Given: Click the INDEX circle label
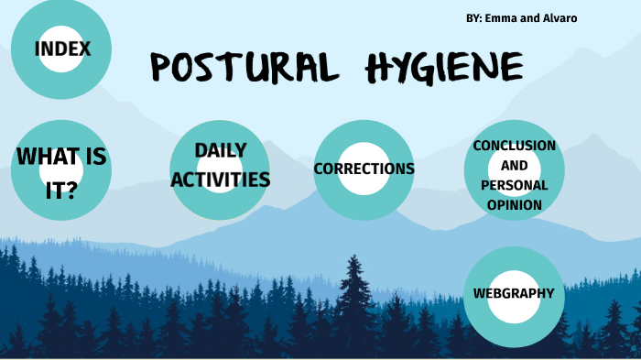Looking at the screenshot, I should tap(62, 49).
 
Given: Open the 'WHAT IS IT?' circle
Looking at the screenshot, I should tap(61, 169).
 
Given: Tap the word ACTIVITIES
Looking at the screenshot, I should tap(221, 179).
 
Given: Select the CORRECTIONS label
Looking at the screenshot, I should tap(364, 169).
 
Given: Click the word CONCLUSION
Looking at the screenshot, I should tap(514, 146).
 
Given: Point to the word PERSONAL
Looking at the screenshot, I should tap(514, 185).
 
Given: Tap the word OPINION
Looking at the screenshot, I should tap(514, 204).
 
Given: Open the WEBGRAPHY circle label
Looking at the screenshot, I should tap(514, 293).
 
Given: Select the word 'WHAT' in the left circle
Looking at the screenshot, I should tap(44, 157).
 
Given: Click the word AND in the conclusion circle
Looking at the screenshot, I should tap(514, 166).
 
